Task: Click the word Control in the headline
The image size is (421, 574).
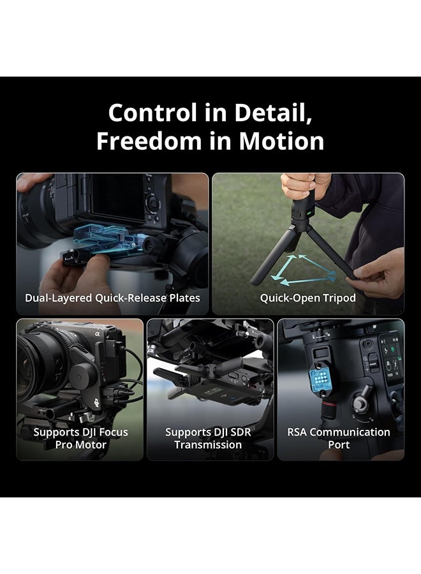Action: point(152,112)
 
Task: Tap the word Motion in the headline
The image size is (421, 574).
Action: point(281,141)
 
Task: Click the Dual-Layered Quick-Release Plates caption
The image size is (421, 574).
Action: point(112,298)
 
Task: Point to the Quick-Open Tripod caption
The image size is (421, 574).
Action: point(308,298)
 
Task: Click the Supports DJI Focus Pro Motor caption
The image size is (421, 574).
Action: point(80,438)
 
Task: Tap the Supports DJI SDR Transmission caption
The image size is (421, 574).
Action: point(208,438)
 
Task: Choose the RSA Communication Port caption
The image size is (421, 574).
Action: point(339,438)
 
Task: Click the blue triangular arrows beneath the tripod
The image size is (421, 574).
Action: point(303,270)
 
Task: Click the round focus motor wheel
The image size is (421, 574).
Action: point(81,377)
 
